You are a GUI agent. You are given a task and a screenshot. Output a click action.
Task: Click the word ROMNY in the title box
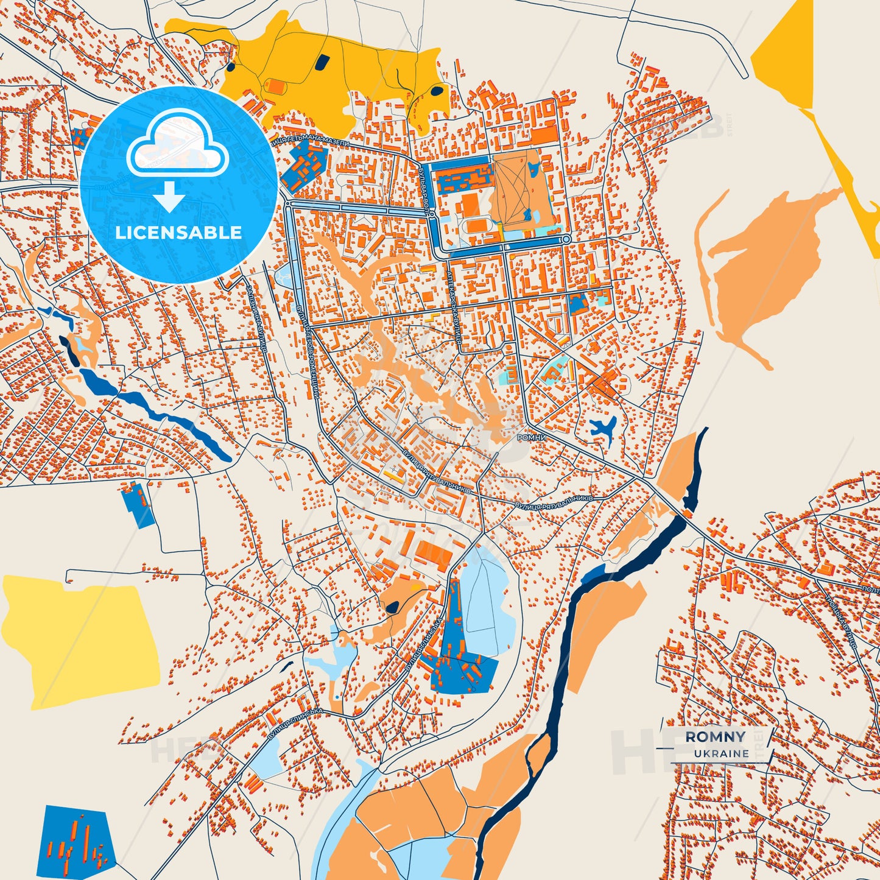715,737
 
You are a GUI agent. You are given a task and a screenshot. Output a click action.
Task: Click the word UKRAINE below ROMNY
721,753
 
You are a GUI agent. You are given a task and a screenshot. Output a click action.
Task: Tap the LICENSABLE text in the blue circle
178,233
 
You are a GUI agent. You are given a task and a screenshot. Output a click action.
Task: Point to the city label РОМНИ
531,437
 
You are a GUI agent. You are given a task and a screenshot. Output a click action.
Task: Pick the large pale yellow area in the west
79,639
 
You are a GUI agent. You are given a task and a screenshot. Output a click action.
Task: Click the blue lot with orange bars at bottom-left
79,838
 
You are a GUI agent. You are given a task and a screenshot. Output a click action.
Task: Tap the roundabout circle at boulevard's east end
566,240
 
